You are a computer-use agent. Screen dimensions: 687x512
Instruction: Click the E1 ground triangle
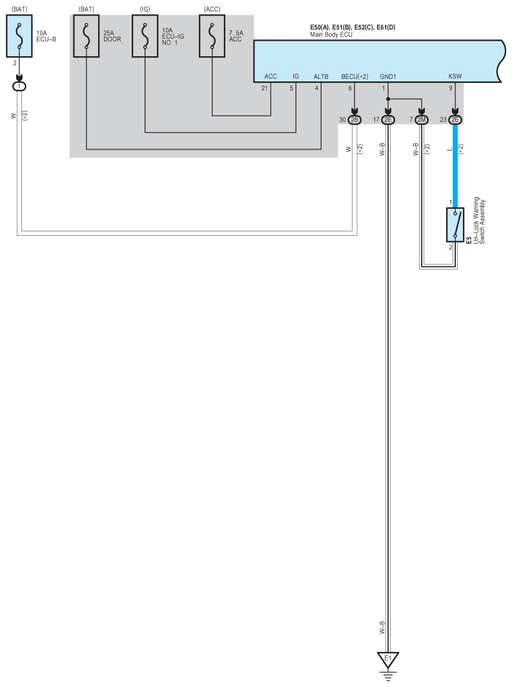(388, 660)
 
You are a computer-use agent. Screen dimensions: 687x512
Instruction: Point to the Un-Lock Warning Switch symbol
(455, 224)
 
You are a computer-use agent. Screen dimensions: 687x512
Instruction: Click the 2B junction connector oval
(354, 120)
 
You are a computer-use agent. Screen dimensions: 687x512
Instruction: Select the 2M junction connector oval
(422, 120)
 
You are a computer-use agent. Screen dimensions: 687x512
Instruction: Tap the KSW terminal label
(456, 76)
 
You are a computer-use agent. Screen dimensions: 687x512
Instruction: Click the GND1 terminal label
(388, 76)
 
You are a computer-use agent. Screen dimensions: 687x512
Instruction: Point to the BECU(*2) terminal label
(354, 76)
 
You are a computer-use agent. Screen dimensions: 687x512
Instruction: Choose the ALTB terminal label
(321, 76)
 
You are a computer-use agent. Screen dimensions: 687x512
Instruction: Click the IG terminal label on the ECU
(296, 76)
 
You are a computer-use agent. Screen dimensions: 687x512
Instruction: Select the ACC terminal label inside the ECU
(271, 76)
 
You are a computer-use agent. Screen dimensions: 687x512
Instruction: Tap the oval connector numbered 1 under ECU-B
(20, 86)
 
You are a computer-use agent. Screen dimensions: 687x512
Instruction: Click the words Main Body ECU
(331, 34)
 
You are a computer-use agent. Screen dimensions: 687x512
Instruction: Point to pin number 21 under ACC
(265, 88)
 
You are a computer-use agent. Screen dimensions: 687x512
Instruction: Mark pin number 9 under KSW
(451, 88)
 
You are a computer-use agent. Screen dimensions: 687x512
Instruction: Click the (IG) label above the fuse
(145, 8)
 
